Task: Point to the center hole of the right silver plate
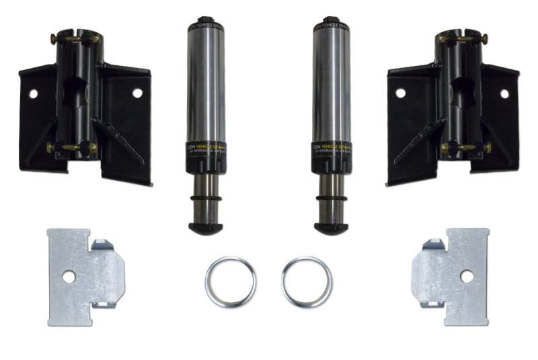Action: coord(466,276)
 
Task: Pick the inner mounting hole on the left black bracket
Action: coord(137,94)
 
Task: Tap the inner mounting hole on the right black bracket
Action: coord(400,94)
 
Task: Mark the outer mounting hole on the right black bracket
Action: coord(504,94)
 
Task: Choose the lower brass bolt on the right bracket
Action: coord(466,147)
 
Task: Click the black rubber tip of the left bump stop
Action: coord(204,228)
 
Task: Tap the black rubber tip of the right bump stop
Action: coord(332,228)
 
